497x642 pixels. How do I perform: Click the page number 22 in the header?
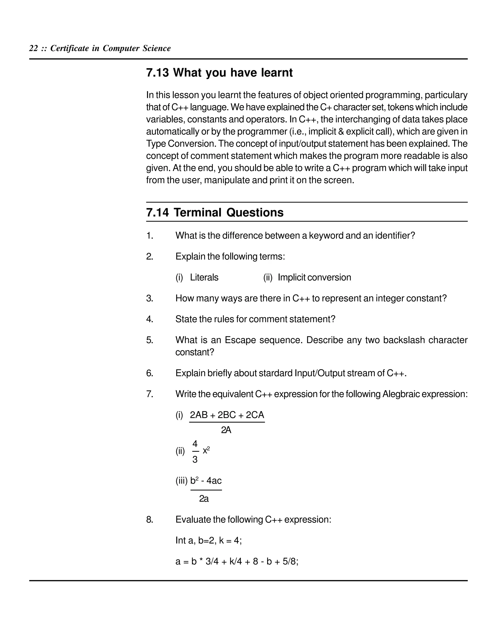(x=33, y=48)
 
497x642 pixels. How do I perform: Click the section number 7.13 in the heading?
(x=157, y=73)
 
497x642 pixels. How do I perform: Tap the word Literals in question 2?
(x=204, y=277)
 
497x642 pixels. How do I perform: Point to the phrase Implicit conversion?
(x=314, y=277)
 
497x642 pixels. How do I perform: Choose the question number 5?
(x=149, y=340)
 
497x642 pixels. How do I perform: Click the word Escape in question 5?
(x=239, y=340)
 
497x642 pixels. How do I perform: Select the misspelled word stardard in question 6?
(x=275, y=373)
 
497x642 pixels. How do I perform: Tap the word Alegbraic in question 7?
(x=401, y=394)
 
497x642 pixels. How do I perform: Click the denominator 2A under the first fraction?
(x=226, y=430)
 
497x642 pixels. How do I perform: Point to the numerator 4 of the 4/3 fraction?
(x=195, y=443)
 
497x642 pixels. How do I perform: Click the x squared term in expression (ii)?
(x=206, y=450)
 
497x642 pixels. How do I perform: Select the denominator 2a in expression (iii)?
(x=204, y=499)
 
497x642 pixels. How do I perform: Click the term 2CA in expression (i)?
(x=255, y=415)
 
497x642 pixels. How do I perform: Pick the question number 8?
(x=149, y=519)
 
